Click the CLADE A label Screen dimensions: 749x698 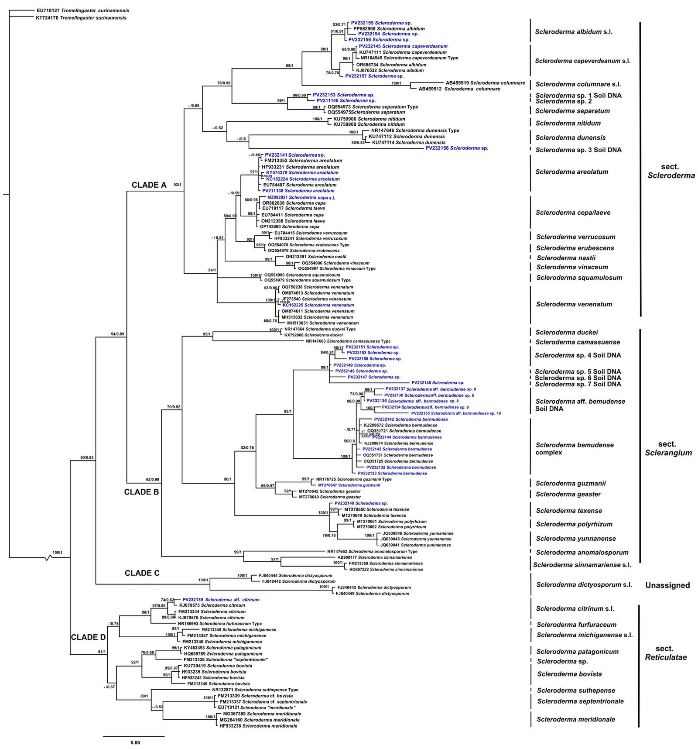(149, 185)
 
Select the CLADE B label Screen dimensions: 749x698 (141, 492)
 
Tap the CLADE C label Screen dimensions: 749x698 (142, 573)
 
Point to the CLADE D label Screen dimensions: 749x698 (88, 637)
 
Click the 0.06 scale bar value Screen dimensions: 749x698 (135, 742)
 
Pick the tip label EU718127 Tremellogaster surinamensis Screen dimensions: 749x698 (83, 10)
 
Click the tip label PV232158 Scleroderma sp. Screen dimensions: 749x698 (457, 148)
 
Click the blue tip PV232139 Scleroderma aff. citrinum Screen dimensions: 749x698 (221, 600)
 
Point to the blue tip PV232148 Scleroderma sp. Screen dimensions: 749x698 (438, 383)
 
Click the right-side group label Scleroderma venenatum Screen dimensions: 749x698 (574, 304)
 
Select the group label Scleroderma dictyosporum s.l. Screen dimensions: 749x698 (584, 584)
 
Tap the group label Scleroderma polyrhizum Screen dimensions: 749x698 (574, 524)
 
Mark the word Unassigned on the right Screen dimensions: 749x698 (667, 585)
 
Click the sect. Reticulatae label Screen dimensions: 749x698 (666, 653)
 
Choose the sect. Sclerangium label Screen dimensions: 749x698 (668, 448)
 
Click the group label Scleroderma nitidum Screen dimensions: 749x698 (568, 123)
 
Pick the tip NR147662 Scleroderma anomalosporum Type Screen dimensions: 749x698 (372, 552)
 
